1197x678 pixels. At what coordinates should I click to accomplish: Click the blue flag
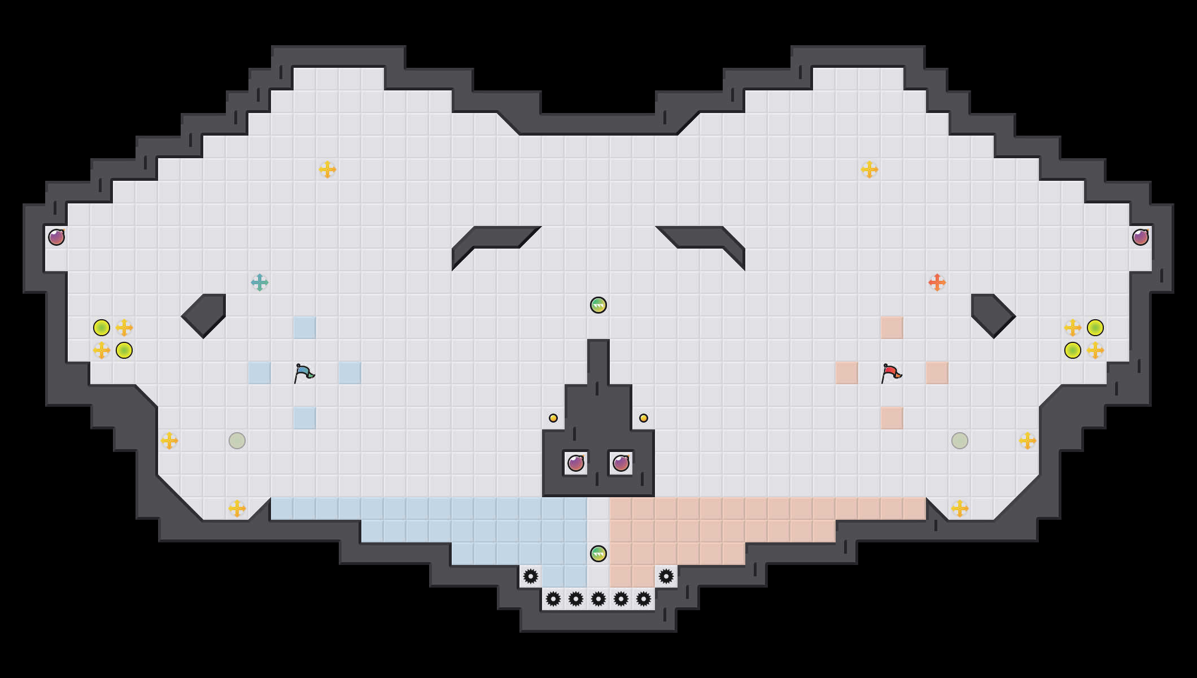coord(304,373)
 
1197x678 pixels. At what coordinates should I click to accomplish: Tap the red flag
coord(891,373)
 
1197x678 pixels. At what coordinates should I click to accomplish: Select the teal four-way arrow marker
coord(260,282)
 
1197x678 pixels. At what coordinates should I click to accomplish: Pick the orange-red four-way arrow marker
coord(937,282)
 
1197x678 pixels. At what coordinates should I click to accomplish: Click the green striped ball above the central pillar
coord(598,305)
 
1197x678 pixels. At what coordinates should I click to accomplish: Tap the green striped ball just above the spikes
coord(598,554)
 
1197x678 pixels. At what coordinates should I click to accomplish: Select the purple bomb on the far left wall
coord(56,237)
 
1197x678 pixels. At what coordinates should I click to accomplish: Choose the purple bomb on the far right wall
coord(1141,237)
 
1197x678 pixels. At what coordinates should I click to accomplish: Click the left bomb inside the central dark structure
coord(576,463)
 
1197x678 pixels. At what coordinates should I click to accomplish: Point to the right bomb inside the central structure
coord(621,463)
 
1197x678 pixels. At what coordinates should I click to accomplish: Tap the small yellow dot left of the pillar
coord(553,418)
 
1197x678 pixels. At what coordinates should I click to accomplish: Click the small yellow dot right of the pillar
coord(644,418)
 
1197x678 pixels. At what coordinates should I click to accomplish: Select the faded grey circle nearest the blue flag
coord(237,441)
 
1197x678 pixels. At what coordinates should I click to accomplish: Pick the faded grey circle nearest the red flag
coord(960,441)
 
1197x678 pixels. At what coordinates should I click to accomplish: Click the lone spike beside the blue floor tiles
coord(531,576)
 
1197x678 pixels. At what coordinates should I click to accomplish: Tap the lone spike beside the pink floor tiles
coord(666,576)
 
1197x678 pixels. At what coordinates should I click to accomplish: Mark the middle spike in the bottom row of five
coord(598,599)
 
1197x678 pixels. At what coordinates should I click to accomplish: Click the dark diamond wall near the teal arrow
coord(204,315)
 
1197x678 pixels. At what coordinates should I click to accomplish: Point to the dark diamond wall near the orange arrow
coord(993,315)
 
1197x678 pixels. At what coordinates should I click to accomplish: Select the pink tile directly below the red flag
coord(892,418)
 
